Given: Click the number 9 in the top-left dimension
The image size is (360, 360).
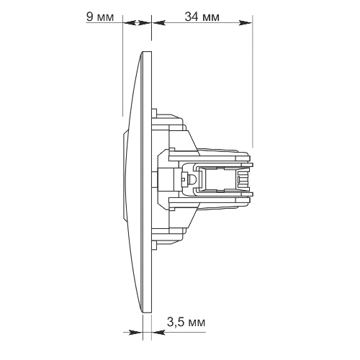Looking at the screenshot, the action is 89,17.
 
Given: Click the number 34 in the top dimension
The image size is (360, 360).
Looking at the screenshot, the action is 192,17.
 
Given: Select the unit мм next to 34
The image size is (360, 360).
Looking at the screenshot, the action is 211,18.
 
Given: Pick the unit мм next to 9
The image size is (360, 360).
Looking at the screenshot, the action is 105,18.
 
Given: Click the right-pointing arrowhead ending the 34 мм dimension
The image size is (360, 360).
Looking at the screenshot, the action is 246,23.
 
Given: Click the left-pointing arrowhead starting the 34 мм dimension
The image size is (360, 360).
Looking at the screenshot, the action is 159,23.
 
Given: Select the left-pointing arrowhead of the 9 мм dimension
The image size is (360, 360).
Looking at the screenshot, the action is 130,23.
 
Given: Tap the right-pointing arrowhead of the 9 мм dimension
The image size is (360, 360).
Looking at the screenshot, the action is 145,23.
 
